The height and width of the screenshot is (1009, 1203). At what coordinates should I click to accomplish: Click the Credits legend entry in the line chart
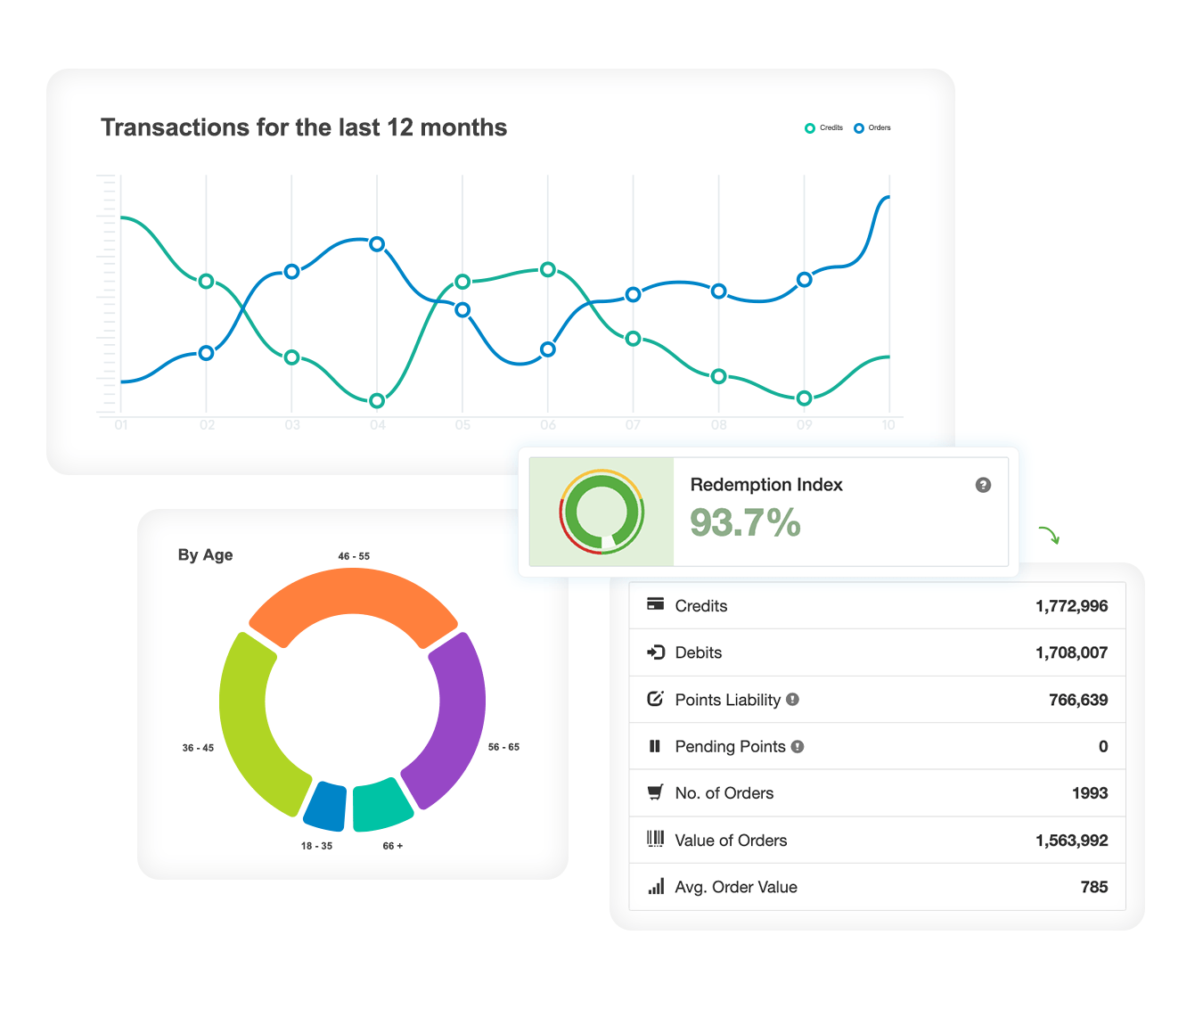point(823,128)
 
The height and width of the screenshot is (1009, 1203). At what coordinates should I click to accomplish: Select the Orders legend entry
point(872,128)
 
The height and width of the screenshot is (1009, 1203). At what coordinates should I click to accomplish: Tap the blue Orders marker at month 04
point(377,244)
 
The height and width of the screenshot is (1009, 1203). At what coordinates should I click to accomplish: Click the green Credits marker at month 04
point(377,401)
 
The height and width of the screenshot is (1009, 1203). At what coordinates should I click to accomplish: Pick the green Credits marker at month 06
point(548,270)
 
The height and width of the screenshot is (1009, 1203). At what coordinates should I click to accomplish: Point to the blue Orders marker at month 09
point(804,280)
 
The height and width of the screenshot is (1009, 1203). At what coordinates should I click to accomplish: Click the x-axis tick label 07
point(633,425)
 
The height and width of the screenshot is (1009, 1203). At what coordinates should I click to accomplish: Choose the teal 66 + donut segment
point(381,804)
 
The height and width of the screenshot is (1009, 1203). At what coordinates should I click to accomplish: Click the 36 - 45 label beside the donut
point(198,748)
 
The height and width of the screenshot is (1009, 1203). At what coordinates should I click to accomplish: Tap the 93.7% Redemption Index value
point(745,523)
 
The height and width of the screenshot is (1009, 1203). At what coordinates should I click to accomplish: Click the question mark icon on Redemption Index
point(983,485)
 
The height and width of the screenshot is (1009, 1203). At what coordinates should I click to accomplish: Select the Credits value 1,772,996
point(1071,606)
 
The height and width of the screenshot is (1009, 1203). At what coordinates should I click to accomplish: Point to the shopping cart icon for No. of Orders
point(655,792)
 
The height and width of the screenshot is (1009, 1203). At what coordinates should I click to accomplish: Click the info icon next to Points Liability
point(792,700)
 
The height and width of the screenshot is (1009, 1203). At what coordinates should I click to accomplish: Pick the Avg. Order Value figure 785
point(1093,887)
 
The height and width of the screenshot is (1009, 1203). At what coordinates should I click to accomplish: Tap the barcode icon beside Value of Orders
point(655,839)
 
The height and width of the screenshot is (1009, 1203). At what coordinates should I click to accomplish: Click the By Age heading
point(205,555)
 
